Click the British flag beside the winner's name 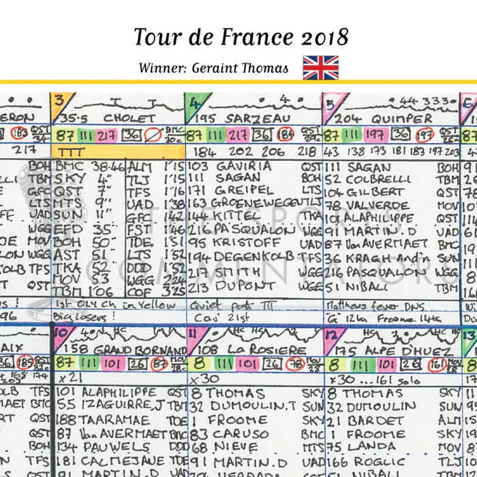click(320, 67)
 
